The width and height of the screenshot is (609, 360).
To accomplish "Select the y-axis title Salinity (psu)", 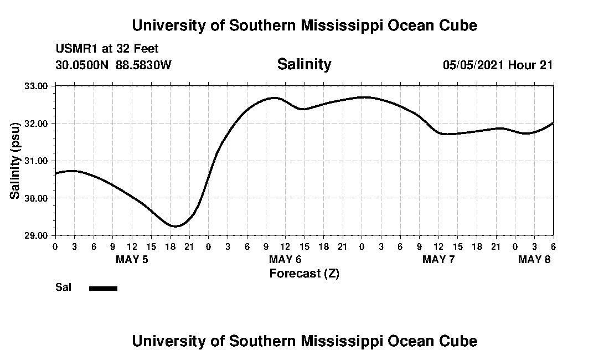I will point(15,161).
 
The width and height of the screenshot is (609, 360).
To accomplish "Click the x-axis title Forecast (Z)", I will point(304,274).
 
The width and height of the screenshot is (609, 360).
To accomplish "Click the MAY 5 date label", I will point(132,259).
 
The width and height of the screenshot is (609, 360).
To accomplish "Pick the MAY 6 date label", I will point(285,259).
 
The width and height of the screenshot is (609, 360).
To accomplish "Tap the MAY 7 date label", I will point(438,259).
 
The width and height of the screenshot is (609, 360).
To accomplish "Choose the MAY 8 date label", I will point(534,259).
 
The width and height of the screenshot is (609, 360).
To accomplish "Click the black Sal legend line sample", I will point(103,288).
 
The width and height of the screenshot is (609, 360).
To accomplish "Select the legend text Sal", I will point(63,287).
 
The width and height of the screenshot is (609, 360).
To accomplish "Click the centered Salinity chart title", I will point(304,64).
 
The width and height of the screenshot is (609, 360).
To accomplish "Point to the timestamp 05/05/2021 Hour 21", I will point(497,65).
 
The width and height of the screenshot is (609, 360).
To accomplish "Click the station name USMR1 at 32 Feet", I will point(107,49).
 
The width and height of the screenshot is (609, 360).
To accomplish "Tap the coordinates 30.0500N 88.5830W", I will point(113,65).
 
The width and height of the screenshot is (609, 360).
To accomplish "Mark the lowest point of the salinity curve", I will point(176,226).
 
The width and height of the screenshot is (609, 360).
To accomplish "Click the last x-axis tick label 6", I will point(553,246).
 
